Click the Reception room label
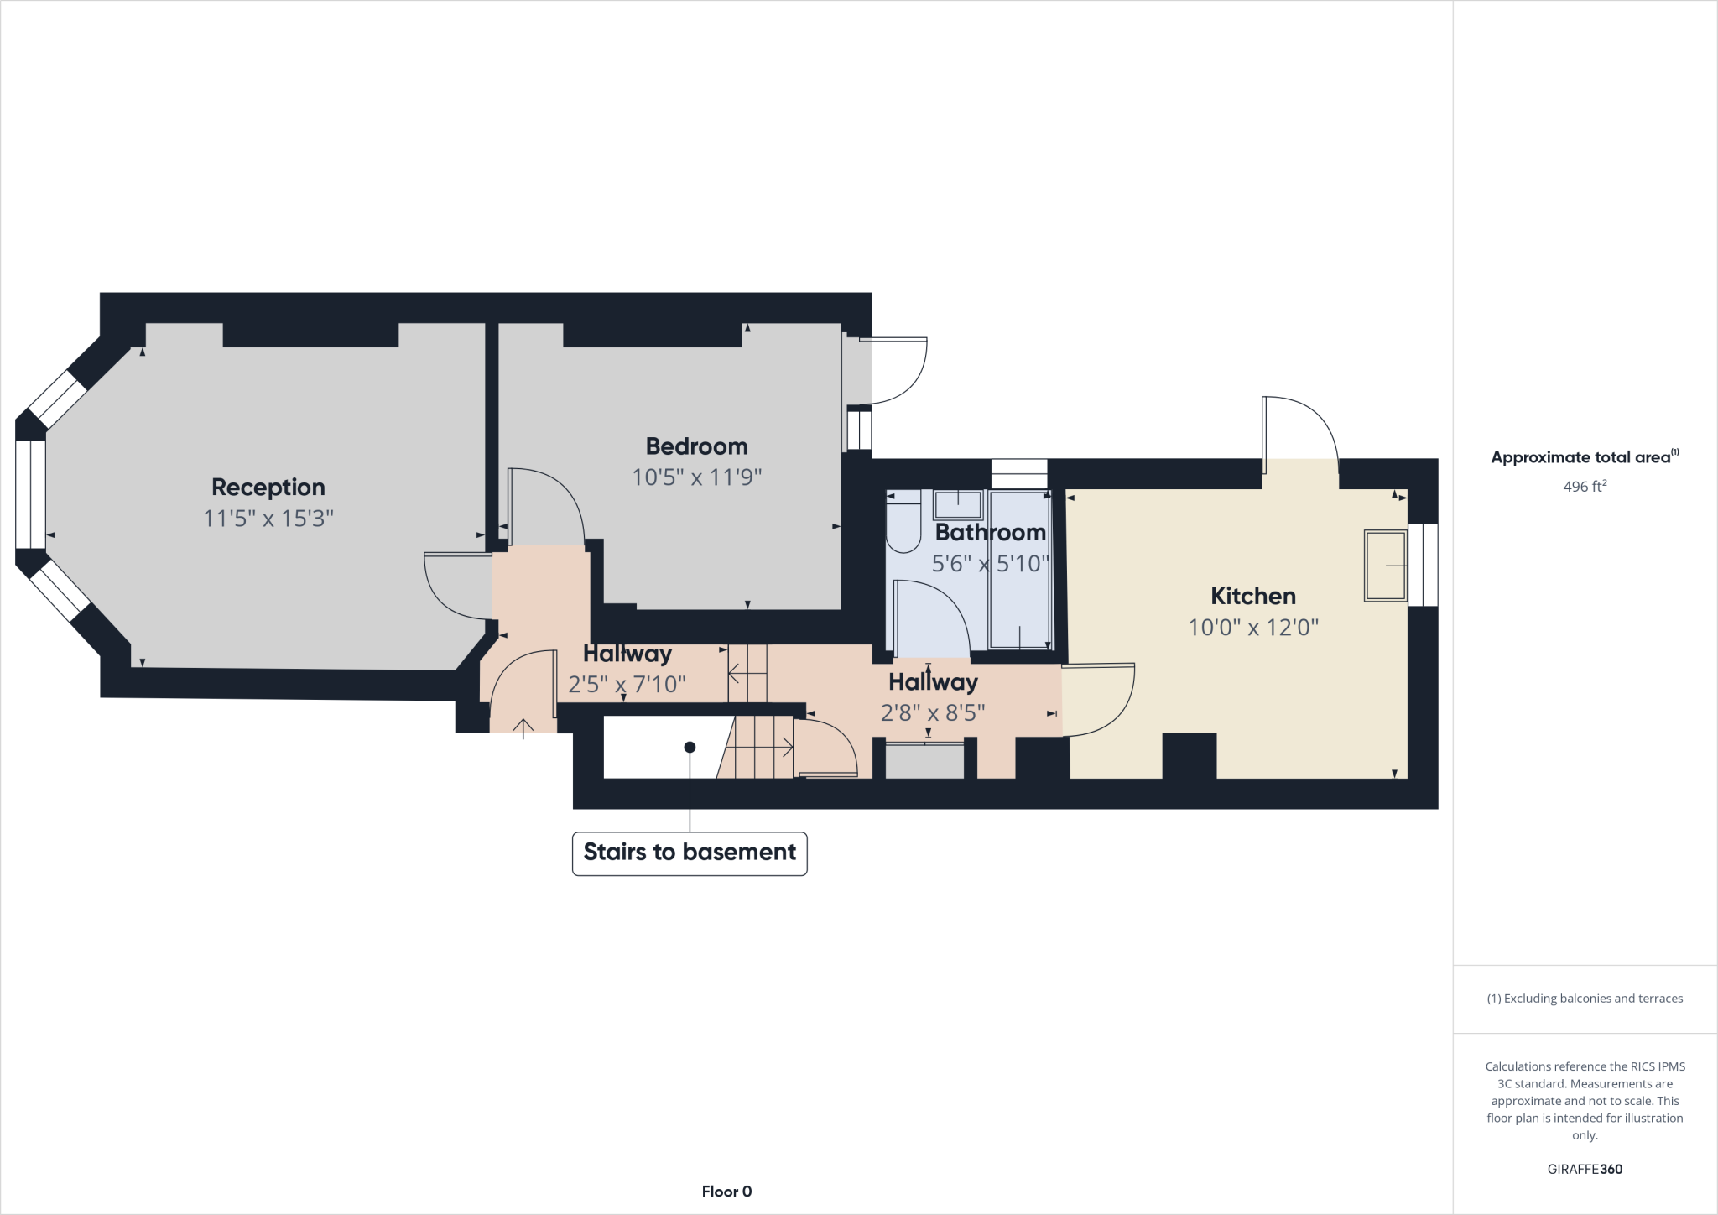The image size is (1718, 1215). pyautogui.click(x=268, y=487)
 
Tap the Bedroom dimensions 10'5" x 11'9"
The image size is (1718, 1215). pyautogui.click(x=696, y=477)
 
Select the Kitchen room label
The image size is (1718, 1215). pyautogui.click(x=1253, y=596)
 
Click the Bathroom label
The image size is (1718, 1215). pyautogui.click(x=990, y=532)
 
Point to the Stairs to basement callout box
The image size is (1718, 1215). pyautogui.click(x=690, y=853)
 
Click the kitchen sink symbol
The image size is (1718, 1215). pyautogui.click(x=1385, y=566)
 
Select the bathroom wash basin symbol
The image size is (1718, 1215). pyautogui.click(x=957, y=505)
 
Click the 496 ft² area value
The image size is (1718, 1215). pyautogui.click(x=1585, y=487)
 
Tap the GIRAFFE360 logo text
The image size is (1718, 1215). pyautogui.click(x=1585, y=1169)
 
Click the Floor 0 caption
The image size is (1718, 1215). pyautogui.click(x=726, y=1192)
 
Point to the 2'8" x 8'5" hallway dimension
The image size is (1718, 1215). pyautogui.click(x=932, y=712)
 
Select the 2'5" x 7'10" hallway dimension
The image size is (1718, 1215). pyautogui.click(x=627, y=684)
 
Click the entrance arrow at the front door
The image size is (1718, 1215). pyautogui.click(x=523, y=727)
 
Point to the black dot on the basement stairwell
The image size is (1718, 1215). pyautogui.click(x=690, y=747)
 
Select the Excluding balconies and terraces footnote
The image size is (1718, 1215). pyautogui.click(x=1585, y=999)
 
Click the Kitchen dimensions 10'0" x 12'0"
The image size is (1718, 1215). pyautogui.click(x=1253, y=627)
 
